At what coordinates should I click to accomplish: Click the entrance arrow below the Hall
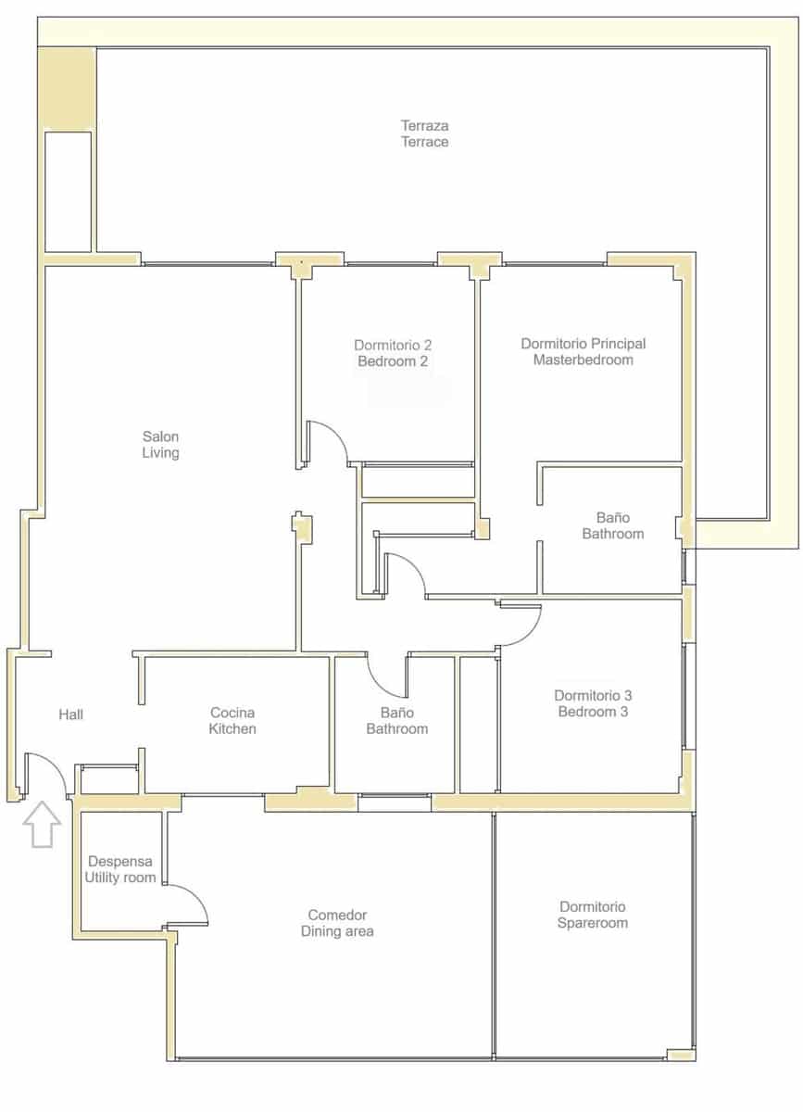[42, 825]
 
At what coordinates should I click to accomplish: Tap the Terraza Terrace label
[424, 133]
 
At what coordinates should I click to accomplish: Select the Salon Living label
[160, 445]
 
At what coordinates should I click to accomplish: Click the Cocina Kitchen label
[232, 721]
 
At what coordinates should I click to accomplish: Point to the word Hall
[71, 714]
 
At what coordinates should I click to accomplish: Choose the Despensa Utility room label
[120, 868]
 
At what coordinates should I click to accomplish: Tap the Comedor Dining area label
[337, 923]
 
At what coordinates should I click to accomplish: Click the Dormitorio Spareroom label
[593, 915]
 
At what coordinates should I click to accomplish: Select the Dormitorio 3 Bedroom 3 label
[593, 703]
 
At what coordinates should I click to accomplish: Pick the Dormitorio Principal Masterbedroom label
[583, 351]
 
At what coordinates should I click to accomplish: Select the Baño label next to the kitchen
[396, 721]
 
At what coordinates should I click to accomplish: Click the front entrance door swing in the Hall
[44, 774]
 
